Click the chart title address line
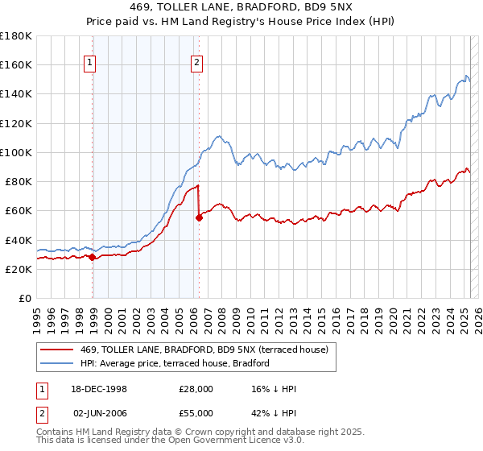241,8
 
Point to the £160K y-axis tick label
16,64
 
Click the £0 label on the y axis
25,299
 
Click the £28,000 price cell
196,389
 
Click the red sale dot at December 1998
92,258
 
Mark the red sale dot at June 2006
198,217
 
